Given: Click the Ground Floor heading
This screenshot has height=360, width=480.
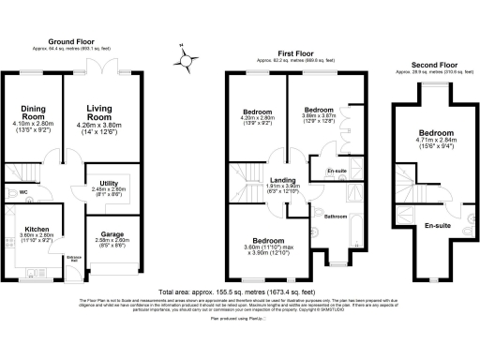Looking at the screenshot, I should pos(76,40).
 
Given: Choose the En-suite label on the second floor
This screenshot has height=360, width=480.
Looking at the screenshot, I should pos(438,225).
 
